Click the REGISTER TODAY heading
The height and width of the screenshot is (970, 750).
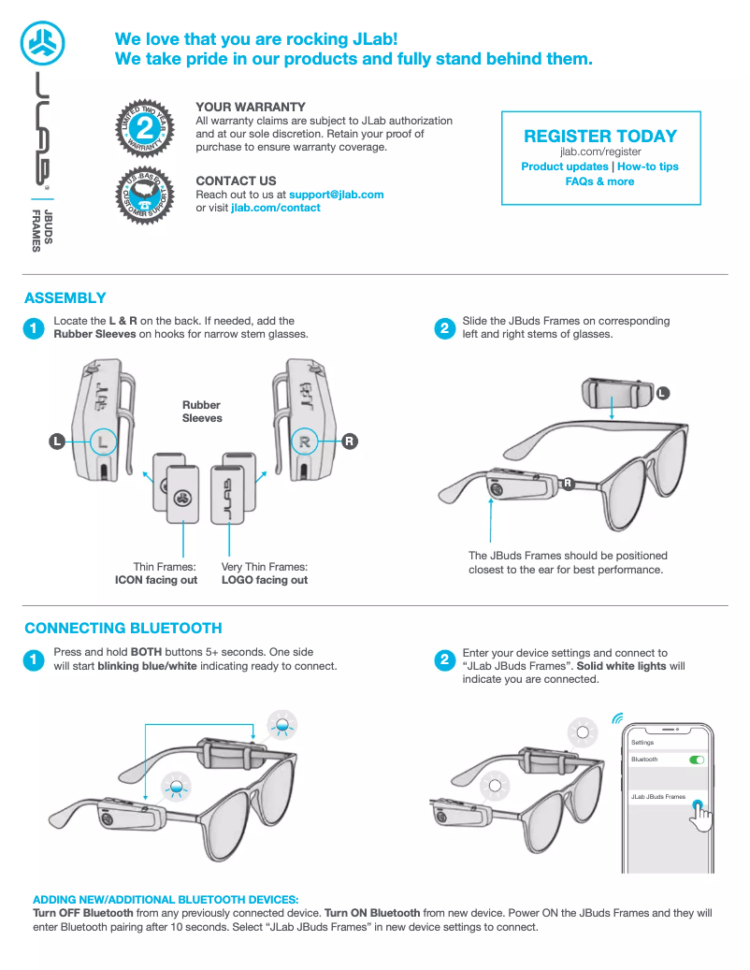pos(600,137)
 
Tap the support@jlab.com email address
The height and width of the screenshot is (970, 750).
pos(337,195)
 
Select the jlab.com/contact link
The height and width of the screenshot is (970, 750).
pos(276,208)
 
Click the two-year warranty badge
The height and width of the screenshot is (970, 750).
pos(145,127)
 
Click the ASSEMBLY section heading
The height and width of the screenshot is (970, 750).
pos(65,298)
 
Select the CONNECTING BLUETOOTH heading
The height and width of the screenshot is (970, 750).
pos(123,629)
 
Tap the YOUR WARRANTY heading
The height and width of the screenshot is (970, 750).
pos(251,108)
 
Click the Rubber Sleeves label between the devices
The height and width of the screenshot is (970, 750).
pos(202,412)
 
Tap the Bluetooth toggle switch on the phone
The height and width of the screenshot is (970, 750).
pos(696,760)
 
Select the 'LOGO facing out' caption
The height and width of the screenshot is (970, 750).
pos(265,580)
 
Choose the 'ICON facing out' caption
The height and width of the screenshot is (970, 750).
pos(156,580)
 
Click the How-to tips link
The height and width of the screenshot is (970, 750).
pos(648,166)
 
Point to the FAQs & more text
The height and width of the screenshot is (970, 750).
pos(600,181)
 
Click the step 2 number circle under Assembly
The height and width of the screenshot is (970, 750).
pos(444,328)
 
